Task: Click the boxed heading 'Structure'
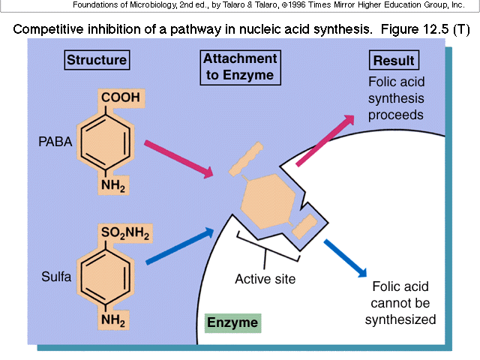[x=97, y=61]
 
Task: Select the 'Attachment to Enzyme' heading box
[x=238, y=67]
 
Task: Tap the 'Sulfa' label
[x=55, y=277]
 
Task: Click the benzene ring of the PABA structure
[x=106, y=142]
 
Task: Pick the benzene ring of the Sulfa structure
[x=106, y=278]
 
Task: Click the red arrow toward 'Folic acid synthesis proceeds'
[x=327, y=138]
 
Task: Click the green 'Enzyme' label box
[x=232, y=323]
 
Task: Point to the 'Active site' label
[x=265, y=279]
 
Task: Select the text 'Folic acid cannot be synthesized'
[x=400, y=303]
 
